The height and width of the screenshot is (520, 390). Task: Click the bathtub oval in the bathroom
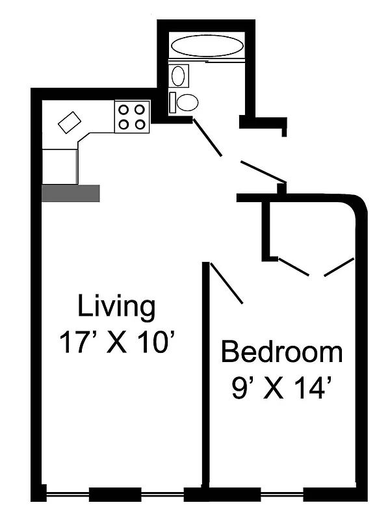tap(206, 46)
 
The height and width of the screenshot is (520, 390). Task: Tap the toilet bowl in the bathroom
tap(188, 102)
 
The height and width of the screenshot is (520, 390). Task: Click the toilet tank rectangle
tap(173, 102)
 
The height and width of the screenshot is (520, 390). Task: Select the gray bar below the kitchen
tap(70, 193)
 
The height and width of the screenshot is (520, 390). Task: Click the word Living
tap(117, 305)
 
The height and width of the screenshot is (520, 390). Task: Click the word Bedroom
tap(281, 352)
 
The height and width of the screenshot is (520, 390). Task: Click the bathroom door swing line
tap(208, 138)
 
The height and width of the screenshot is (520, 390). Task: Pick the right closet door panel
tap(339, 266)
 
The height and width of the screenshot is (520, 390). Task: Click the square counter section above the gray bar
tap(60, 166)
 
